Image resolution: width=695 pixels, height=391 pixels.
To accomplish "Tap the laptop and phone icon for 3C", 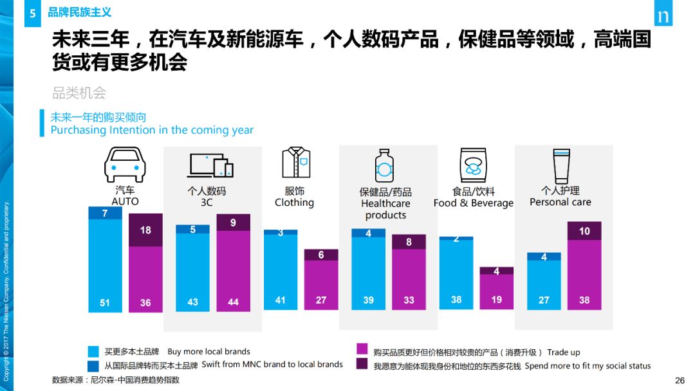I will pyautogui.click(x=210, y=165).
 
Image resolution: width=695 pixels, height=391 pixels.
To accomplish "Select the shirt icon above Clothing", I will pyautogui.click(x=296, y=163).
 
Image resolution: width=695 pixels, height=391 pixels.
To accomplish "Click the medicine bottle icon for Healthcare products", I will pyautogui.click(x=384, y=166).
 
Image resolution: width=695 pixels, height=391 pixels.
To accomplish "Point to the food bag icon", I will pyautogui.click(x=473, y=165).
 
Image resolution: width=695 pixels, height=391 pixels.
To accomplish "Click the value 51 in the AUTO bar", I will pyautogui.click(x=104, y=302).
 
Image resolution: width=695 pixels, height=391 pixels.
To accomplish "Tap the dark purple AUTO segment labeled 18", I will pyautogui.click(x=145, y=230).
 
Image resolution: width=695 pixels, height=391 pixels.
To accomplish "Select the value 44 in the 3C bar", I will pyautogui.click(x=233, y=302).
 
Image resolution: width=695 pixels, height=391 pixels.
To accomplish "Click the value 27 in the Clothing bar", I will pyautogui.click(x=321, y=300).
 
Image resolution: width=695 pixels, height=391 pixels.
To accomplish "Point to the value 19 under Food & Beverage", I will pyautogui.click(x=497, y=300).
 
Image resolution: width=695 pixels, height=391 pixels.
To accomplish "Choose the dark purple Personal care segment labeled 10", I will pyautogui.click(x=584, y=231).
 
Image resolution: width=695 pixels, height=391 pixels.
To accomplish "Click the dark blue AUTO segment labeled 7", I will pyautogui.click(x=104, y=214).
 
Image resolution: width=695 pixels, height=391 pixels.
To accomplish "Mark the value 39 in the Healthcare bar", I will pyautogui.click(x=368, y=300).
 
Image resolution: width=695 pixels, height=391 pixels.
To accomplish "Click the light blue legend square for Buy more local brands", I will pyautogui.click(x=94, y=352).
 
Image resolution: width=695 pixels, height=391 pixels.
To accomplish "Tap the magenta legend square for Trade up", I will pyautogui.click(x=362, y=351).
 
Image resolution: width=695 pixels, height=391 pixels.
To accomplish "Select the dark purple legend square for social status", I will pyautogui.click(x=362, y=365).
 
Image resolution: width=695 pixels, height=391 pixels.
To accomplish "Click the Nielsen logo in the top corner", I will pyautogui.click(x=663, y=17).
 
